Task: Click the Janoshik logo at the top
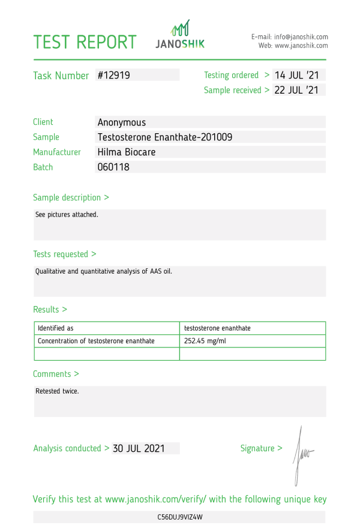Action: [180, 35]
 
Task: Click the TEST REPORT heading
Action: [85, 42]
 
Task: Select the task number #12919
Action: [114, 75]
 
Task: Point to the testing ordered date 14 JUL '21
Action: [299, 75]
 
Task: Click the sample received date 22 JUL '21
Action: [299, 90]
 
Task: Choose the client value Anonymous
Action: [121, 122]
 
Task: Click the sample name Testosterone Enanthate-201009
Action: [164, 137]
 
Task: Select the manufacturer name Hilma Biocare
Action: [126, 152]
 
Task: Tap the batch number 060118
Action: [113, 167]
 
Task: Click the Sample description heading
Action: [71, 197]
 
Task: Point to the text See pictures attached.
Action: [67, 214]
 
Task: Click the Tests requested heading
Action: [64, 254]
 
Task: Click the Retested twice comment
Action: [57, 391]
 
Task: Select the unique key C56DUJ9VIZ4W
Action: [180, 517]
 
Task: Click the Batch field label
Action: [43, 167]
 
